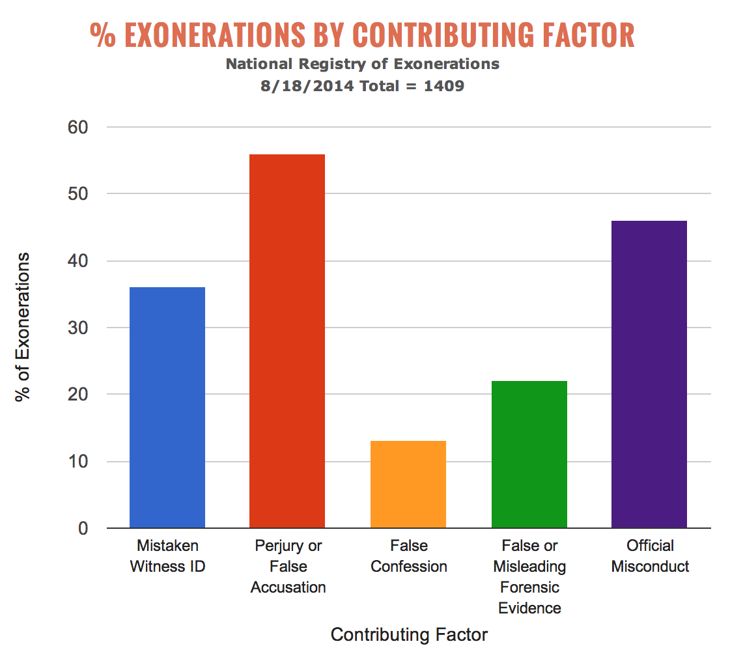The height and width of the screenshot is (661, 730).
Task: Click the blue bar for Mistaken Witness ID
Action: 167,407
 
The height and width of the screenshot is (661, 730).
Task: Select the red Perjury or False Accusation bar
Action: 287,341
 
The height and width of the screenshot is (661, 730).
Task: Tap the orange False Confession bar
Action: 408,484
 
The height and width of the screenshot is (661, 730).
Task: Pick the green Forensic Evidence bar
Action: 529,454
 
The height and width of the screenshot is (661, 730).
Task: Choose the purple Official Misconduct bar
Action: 649,374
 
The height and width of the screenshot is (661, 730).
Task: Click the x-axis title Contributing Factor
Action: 409,635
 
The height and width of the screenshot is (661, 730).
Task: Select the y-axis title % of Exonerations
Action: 23,328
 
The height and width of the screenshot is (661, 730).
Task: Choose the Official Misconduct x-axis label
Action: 650,556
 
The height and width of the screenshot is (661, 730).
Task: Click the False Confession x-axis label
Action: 409,556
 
